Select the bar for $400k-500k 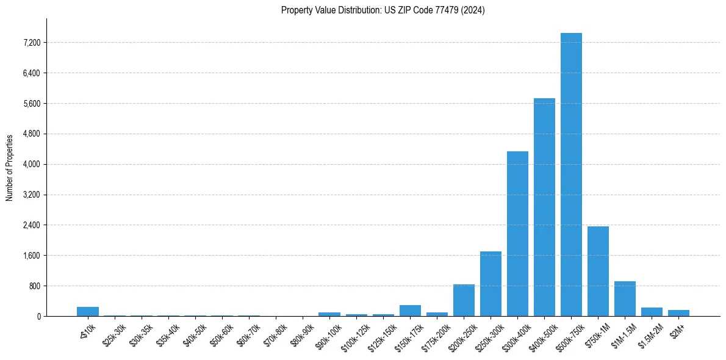[544, 207]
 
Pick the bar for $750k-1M [598, 272]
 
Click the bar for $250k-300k [491, 284]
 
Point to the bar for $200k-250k [464, 300]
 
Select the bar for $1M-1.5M [625, 299]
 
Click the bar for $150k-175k [410, 311]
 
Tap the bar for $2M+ [678, 313]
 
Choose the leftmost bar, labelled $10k [88, 312]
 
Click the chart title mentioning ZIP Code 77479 [383, 10]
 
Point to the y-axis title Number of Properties [10, 167]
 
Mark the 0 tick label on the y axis [38, 317]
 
